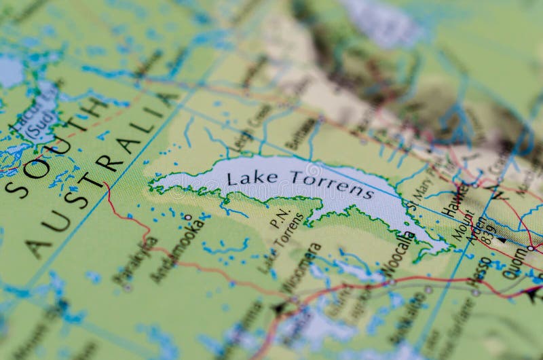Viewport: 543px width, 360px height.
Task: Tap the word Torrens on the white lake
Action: coord(331,183)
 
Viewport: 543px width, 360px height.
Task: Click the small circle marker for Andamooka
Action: coord(188,217)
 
